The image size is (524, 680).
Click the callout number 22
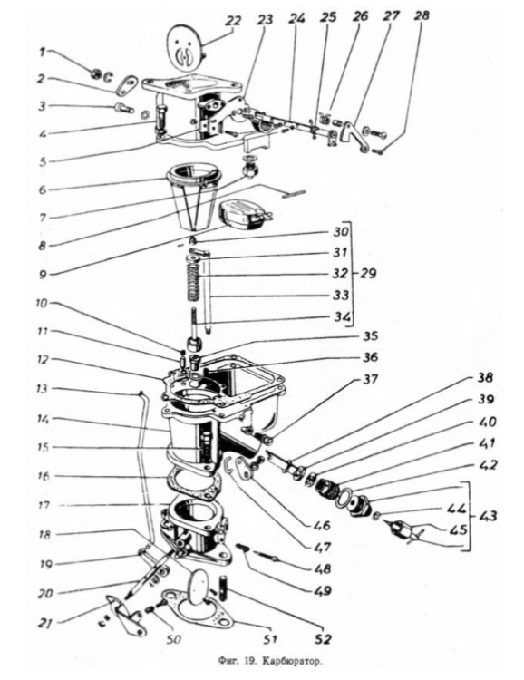[x=232, y=21]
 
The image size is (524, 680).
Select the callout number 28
[x=422, y=15]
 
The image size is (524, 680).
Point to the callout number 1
[x=42, y=52]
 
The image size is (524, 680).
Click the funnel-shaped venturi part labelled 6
[x=193, y=198]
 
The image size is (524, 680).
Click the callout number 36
[x=369, y=357]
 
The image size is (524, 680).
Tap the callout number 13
[x=42, y=388]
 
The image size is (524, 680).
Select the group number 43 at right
[x=488, y=516]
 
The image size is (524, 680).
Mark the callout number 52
[x=324, y=638]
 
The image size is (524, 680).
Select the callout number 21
[x=44, y=623]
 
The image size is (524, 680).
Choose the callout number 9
[x=43, y=275]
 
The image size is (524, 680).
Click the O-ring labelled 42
[x=346, y=496]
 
